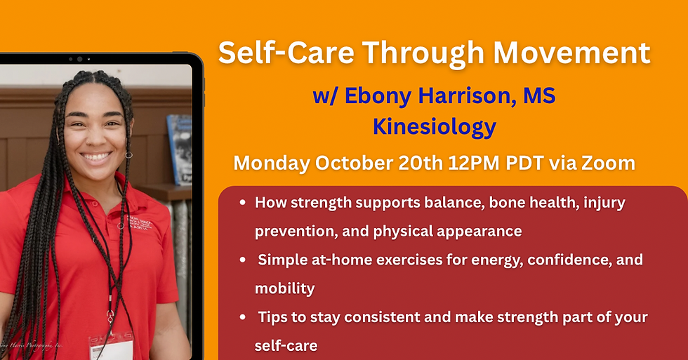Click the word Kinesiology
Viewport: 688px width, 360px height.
(x=434, y=127)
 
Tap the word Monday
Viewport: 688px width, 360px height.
(x=271, y=164)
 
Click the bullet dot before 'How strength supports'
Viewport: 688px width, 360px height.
(x=242, y=203)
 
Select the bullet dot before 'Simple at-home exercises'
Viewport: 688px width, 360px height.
(x=242, y=260)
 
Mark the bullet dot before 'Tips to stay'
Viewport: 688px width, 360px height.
(x=242, y=317)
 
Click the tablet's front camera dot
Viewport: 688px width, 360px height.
(x=80, y=59)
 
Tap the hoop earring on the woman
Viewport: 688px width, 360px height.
(x=128, y=154)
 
